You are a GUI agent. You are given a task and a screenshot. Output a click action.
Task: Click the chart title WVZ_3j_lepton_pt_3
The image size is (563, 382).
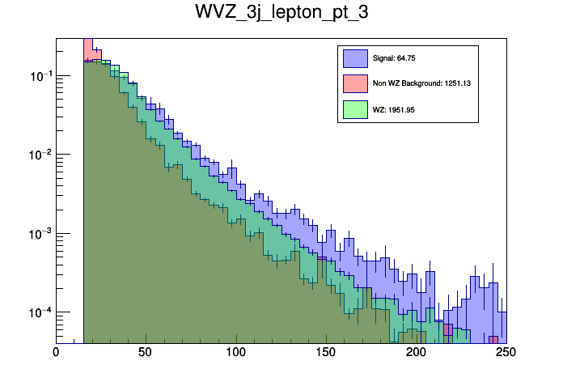[281, 14]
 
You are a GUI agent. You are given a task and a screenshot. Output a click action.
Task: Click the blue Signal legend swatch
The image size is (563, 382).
[354, 58]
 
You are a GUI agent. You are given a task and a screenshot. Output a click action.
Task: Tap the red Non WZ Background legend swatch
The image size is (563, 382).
[354, 83]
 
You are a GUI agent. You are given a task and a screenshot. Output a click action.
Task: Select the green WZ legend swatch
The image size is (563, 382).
[354, 108]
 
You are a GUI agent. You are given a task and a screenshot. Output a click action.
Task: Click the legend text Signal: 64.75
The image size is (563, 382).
[394, 58]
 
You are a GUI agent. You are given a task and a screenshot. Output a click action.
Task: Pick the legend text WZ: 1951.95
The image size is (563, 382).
[393, 109]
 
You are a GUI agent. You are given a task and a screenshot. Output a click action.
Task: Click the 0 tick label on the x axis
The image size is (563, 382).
[56, 353]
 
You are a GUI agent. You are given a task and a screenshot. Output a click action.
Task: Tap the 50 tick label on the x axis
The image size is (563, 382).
[146, 353]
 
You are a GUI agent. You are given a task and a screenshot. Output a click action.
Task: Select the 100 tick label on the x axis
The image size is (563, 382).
[235, 353]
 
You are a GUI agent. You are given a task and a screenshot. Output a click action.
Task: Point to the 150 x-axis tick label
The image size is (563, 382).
[325, 353]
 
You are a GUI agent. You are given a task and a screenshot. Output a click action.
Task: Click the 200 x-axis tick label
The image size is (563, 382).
[416, 353]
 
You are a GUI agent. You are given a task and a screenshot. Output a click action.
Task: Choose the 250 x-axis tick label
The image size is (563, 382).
[505, 353]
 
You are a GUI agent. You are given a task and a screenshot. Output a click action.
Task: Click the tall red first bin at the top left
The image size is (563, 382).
[88, 49]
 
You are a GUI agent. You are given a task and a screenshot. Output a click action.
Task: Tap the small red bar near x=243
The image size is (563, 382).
[493, 339]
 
